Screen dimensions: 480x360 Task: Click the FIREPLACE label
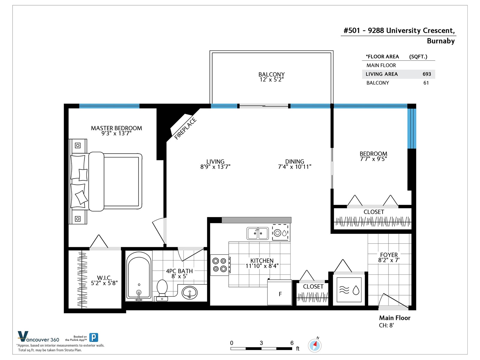pos(185,128)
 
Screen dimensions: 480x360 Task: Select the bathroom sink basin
pos(190,292)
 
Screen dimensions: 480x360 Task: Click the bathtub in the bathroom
pos(139,277)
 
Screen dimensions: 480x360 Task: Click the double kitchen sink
pos(258,233)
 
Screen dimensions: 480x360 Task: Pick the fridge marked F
pos(280,292)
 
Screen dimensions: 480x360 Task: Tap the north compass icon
pos(315,346)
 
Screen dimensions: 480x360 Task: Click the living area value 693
pos(427,74)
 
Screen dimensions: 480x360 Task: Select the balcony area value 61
pos(426,83)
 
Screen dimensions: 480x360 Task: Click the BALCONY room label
pos(271,74)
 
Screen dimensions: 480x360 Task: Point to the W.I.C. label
pos(104,278)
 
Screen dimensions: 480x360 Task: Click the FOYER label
pos(389,255)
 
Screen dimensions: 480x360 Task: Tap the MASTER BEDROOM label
pos(116,128)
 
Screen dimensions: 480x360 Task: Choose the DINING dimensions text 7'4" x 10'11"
pos(295,167)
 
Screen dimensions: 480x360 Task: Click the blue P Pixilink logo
pos(94,337)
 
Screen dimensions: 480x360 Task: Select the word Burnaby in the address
pos(441,41)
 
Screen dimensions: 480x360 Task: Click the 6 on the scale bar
pos(292,343)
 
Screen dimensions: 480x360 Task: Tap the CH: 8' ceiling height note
pos(386,325)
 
